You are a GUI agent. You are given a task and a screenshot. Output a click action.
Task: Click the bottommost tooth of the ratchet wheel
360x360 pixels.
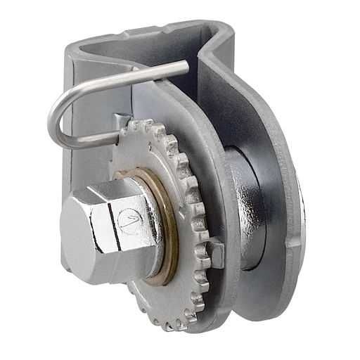(x=169, y=327)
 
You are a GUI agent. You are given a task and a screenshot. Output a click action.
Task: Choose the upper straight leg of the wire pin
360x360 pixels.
(x=134, y=77)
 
